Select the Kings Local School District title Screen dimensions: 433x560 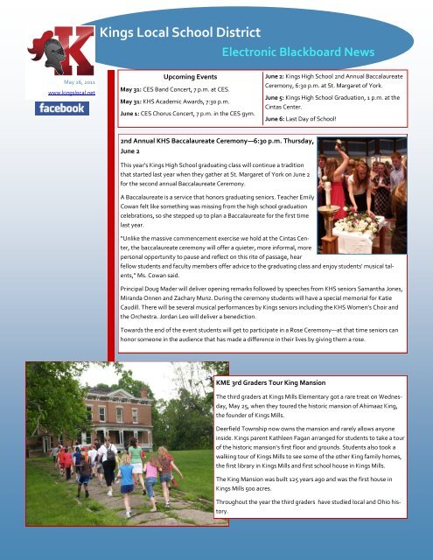[180, 33]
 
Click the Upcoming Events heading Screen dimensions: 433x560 [180, 77]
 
